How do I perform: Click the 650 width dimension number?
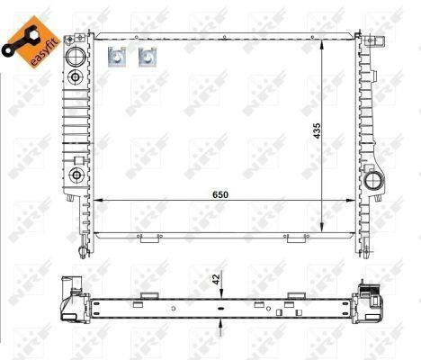pos(220,194)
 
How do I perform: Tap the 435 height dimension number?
pos(317,130)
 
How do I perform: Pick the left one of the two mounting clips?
pos(117,57)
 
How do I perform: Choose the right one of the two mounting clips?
pos(148,57)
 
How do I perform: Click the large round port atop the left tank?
pos(76,56)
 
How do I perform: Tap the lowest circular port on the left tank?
pos(76,175)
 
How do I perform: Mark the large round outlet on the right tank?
pos(373,180)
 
